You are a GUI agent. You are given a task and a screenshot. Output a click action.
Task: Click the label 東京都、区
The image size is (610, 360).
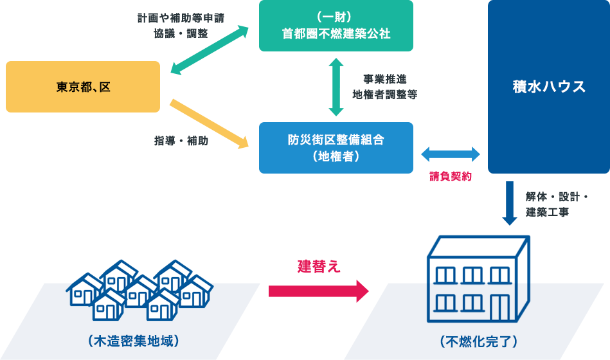(x=84, y=87)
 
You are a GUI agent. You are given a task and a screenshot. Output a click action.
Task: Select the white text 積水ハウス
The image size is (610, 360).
(x=549, y=87)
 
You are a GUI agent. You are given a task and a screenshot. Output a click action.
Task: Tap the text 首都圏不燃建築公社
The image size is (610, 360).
(x=336, y=34)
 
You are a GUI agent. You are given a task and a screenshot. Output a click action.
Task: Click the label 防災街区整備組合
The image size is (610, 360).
(x=336, y=139)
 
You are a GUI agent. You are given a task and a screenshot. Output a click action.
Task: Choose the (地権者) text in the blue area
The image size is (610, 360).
(x=336, y=156)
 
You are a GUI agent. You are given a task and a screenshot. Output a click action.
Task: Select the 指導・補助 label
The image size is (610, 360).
(x=181, y=141)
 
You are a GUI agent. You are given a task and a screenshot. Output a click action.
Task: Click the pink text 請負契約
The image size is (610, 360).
(x=451, y=175)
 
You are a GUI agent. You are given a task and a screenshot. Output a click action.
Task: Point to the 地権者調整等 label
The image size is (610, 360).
(x=384, y=94)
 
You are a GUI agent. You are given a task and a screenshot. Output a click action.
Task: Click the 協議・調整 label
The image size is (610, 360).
(x=181, y=33)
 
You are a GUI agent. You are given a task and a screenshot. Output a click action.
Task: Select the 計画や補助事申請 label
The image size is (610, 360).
(x=181, y=18)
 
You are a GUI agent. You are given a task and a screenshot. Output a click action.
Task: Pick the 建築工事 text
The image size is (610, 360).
(x=547, y=212)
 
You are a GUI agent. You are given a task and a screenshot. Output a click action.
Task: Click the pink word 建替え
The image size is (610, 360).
(x=318, y=266)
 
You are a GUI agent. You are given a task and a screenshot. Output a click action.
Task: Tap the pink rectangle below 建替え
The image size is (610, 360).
(x=318, y=291)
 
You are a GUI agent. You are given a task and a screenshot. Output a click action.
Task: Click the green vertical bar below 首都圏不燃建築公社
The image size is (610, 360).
(x=336, y=87)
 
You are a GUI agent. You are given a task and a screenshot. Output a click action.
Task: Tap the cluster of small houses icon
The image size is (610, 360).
(x=139, y=289)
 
